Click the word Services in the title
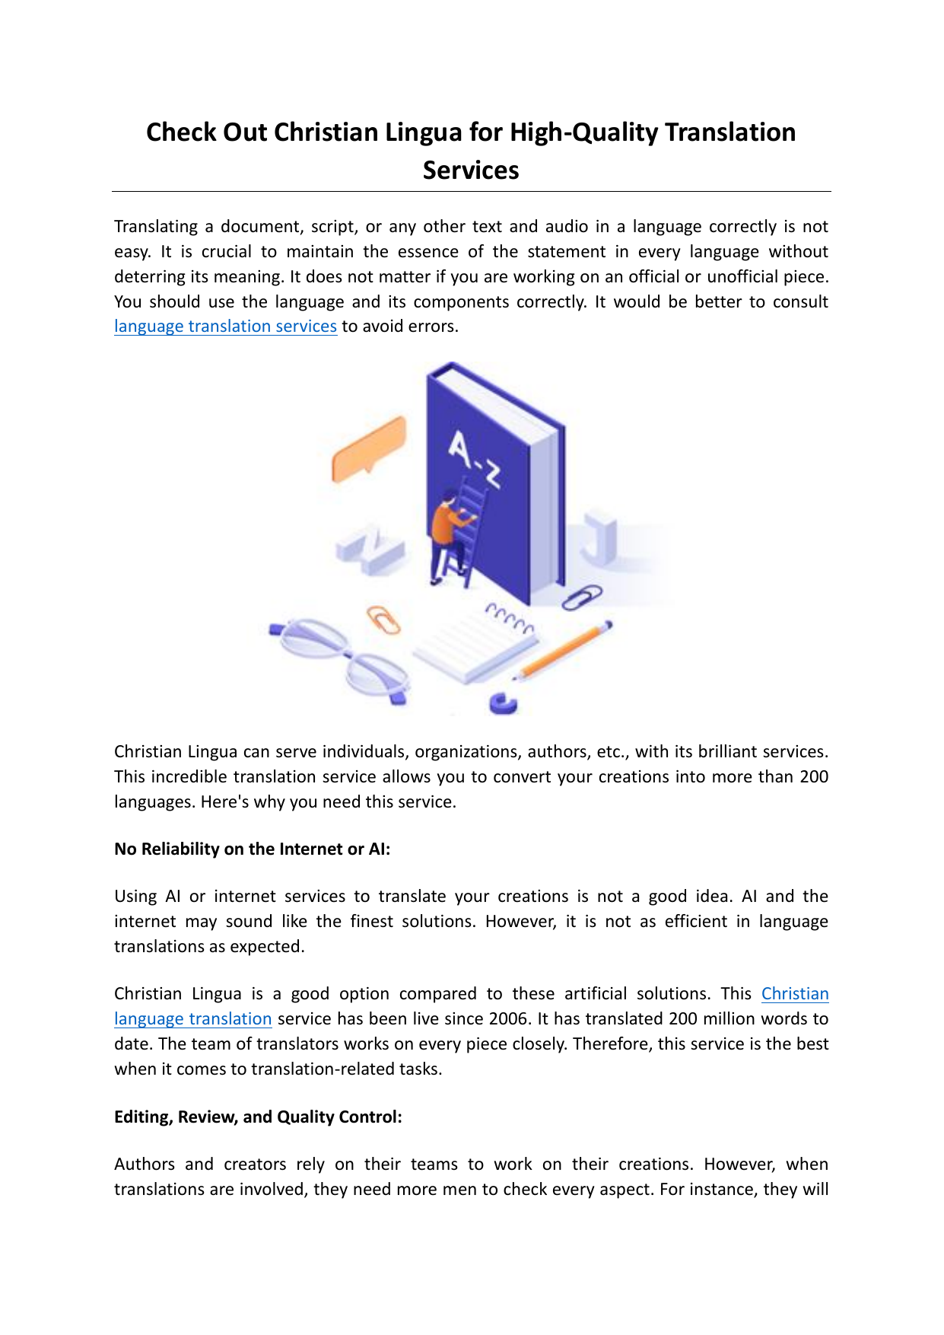[x=471, y=170]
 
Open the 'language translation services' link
[x=225, y=327]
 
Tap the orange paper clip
[x=384, y=620]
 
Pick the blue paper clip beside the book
[x=582, y=597]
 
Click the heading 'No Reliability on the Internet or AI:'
[x=252, y=849]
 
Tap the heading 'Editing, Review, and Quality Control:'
[x=258, y=1117]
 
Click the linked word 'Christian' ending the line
[x=795, y=994]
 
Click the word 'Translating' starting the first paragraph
[x=156, y=227]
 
